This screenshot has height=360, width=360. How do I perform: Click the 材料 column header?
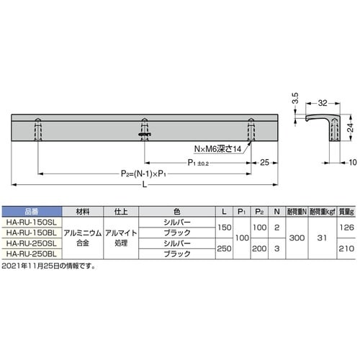pos(81,212)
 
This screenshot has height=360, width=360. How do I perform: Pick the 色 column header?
pos(177,212)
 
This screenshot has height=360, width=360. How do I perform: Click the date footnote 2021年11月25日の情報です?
pos(48,266)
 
